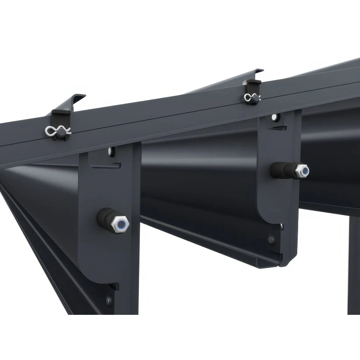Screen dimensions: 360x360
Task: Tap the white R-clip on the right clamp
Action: [249, 97]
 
